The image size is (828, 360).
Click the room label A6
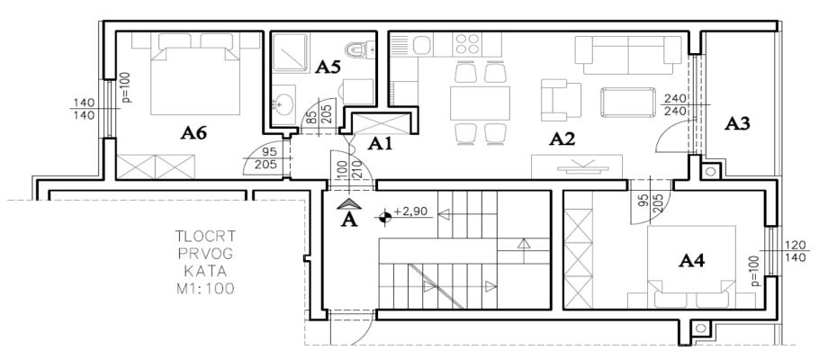click(193, 133)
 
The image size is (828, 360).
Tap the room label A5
click(328, 67)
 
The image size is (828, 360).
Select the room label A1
click(380, 144)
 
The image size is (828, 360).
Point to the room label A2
click(562, 139)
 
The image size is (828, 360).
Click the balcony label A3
click(737, 123)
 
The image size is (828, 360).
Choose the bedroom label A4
click(692, 260)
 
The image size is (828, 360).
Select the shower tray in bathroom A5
click(290, 53)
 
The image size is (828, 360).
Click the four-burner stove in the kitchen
click(467, 44)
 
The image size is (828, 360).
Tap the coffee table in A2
click(628, 103)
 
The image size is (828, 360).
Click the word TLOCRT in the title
click(205, 236)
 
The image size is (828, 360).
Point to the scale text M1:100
click(205, 289)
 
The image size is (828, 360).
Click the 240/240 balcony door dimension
click(674, 104)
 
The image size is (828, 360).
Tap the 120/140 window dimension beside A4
click(790, 251)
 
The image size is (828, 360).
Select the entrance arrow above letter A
click(348, 203)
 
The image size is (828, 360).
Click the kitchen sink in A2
click(423, 45)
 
